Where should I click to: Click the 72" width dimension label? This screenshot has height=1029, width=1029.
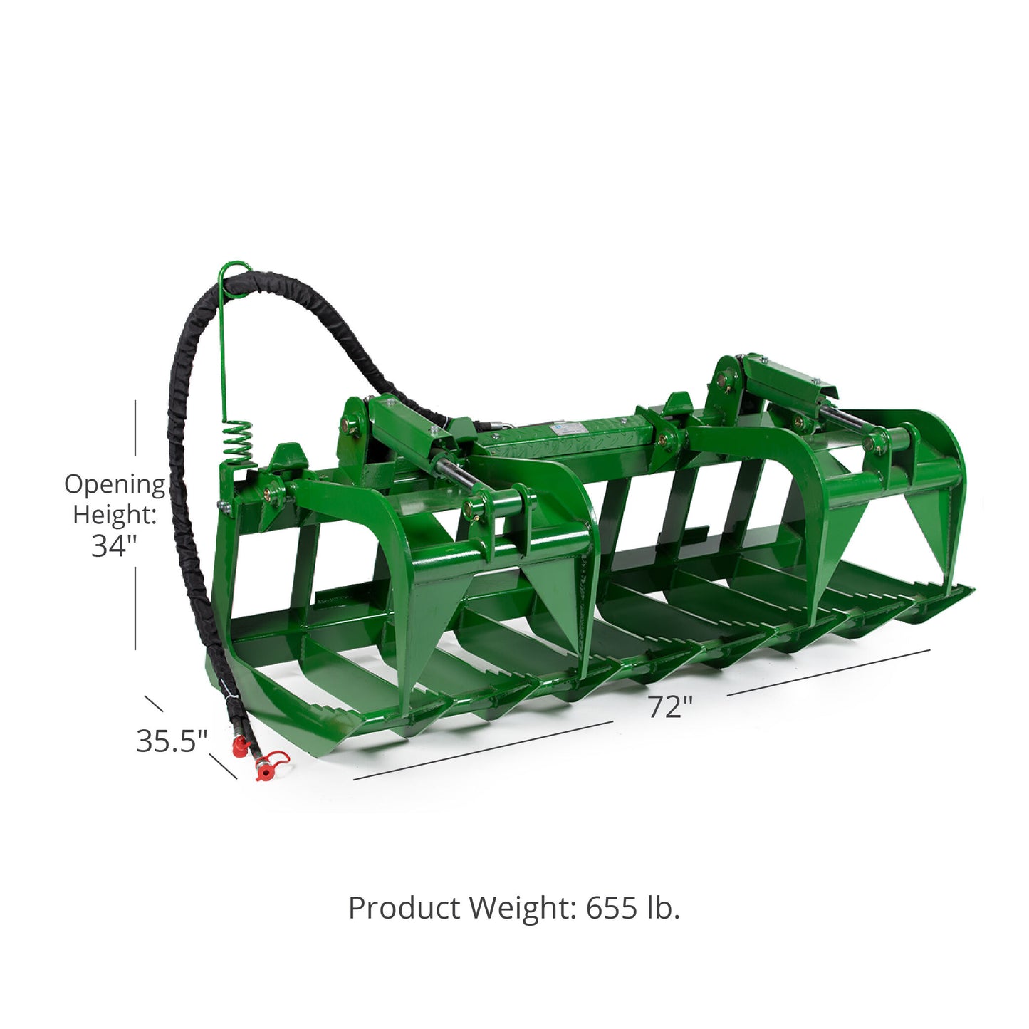(x=671, y=708)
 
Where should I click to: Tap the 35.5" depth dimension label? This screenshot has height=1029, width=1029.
(x=172, y=741)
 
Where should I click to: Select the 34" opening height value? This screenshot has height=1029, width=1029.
(x=114, y=545)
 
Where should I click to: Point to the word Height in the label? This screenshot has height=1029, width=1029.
(x=115, y=515)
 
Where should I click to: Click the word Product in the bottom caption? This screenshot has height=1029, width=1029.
(x=404, y=908)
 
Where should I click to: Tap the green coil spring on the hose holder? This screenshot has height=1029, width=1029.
(x=238, y=443)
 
